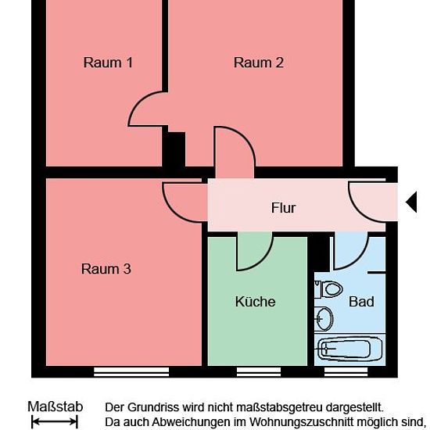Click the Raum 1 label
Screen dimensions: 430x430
click(x=108, y=63)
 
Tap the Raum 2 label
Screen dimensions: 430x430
click(x=258, y=63)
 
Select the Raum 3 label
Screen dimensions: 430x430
click(x=106, y=269)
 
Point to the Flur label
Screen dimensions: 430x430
click(x=283, y=208)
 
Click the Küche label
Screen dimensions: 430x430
click(x=256, y=301)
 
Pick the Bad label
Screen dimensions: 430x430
click(x=361, y=302)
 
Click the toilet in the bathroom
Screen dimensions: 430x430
click(x=328, y=289)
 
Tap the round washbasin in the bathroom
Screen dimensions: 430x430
click(x=324, y=319)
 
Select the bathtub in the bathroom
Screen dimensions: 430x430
click(x=349, y=349)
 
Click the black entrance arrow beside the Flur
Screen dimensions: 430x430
click(x=411, y=202)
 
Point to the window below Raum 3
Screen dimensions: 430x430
click(x=131, y=371)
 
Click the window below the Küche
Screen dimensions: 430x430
click(x=259, y=371)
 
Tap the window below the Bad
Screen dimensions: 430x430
click(x=346, y=371)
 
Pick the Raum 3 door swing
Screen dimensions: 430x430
click(x=172, y=210)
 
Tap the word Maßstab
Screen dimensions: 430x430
click(x=56, y=407)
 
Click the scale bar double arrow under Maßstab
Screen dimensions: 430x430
click(x=55, y=421)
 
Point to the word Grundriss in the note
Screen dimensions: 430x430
click(x=153, y=407)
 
